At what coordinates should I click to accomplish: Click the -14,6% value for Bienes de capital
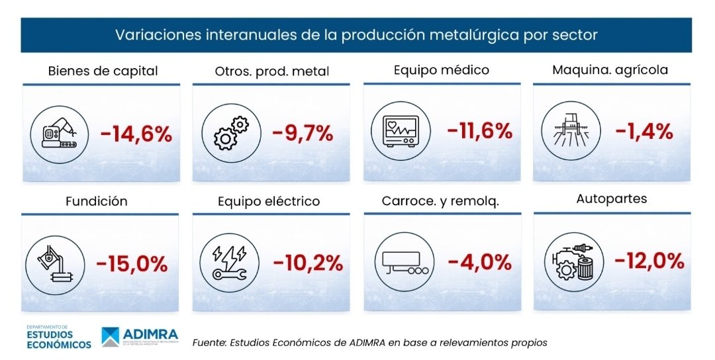[136, 135]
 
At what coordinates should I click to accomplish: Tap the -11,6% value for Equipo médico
[480, 131]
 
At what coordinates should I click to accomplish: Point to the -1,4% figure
[644, 131]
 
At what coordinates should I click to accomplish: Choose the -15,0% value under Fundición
[132, 265]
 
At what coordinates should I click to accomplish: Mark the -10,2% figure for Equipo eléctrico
[309, 263]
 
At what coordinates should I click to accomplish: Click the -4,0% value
[479, 261]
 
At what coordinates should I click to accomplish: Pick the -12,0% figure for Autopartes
[649, 261]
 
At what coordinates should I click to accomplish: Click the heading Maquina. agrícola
[610, 69]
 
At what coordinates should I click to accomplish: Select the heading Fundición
[96, 201]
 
